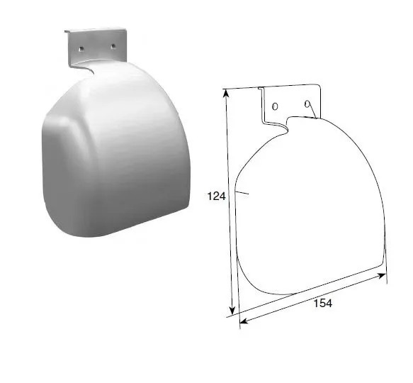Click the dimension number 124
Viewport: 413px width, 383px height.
point(216,196)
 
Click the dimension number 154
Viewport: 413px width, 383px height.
point(322,303)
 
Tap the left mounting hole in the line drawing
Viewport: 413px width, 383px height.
point(275,106)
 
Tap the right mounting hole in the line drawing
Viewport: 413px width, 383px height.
point(307,104)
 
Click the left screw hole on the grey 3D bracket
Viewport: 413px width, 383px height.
point(81,49)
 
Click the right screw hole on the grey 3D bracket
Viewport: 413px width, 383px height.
point(113,47)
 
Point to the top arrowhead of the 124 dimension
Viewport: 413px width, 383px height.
point(226,94)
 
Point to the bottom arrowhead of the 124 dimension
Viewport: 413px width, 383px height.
point(232,310)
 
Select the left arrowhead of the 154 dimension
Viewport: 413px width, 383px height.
point(244,321)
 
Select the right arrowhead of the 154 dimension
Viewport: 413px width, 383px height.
point(381,276)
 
